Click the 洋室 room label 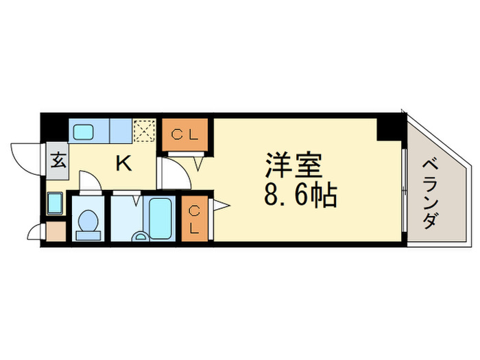pos(293,165)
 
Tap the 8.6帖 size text pos(300,195)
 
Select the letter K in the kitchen pos(123,163)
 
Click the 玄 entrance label pos(58,160)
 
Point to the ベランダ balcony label pos(431,195)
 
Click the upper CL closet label pos(185,134)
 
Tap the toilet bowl pos(88,221)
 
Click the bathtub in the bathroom pos(160,219)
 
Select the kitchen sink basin pos(83,132)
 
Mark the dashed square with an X pos(145,131)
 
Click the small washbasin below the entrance pos(55,204)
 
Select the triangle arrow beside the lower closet pos(221,205)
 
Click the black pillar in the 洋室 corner pos(389,130)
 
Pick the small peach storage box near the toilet pos(56,231)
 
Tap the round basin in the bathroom pos(141,237)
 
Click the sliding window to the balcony pos(405,190)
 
